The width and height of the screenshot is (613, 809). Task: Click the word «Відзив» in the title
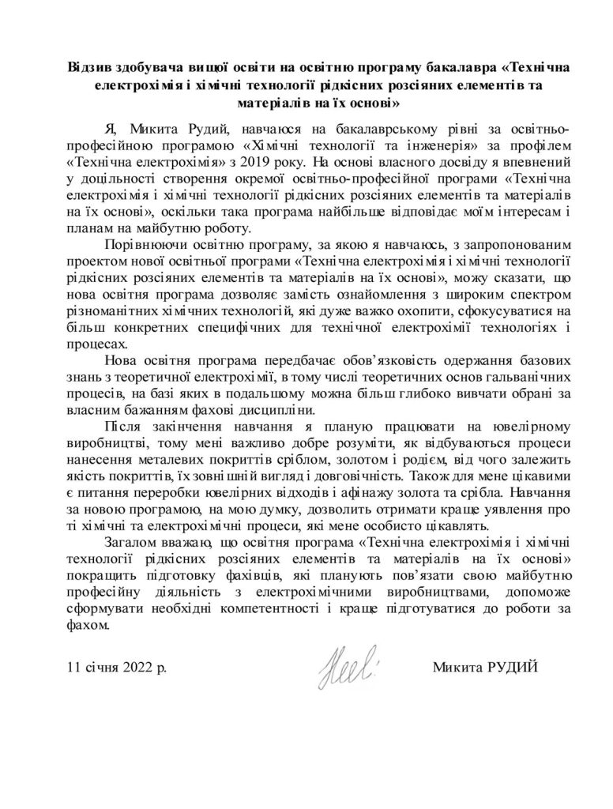click(88, 67)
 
